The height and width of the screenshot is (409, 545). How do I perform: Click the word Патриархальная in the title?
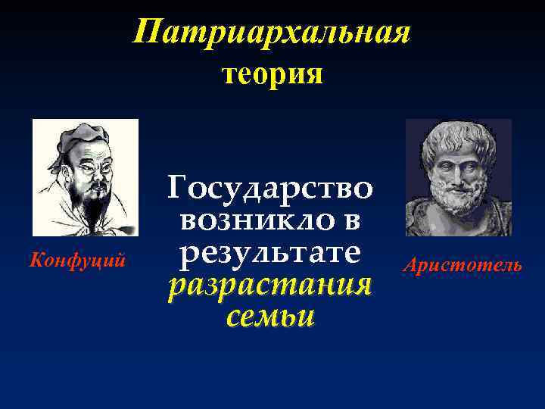272,33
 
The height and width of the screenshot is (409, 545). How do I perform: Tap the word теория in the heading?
272,74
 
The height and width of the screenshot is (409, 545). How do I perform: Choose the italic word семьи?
270,317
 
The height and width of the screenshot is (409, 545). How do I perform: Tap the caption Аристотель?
462,265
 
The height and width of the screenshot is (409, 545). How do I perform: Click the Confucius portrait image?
86,177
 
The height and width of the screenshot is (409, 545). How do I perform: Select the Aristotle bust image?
458,177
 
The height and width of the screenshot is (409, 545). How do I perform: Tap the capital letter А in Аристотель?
410,265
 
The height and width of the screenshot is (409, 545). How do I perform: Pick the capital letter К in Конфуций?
34,261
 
